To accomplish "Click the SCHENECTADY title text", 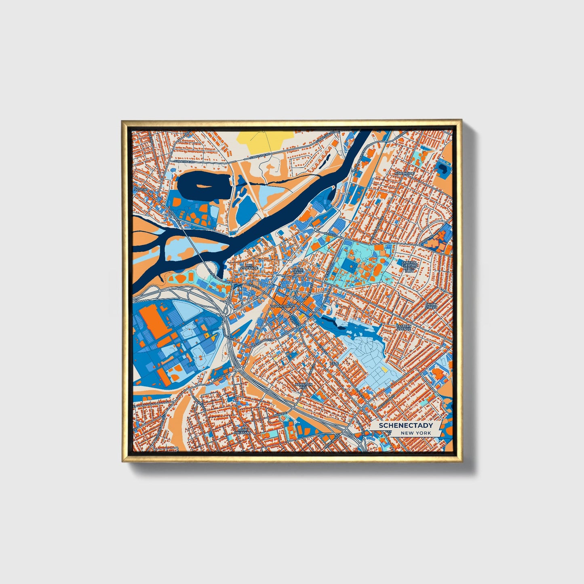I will click(406, 425).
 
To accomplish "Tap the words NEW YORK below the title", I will click(416, 433).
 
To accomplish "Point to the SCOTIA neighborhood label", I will click(140, 189).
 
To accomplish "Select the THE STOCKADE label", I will click(249, 267).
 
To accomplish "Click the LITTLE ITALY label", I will click(298, 271).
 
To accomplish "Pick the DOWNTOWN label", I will click(281, 306).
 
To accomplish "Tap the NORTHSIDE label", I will click(405, 173).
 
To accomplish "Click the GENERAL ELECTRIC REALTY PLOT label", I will click(409, 266).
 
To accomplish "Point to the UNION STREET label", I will click(431, 306).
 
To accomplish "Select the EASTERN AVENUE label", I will click(403, 327).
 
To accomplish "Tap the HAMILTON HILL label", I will click(304, 386).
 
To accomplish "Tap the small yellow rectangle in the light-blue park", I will click(384, 369).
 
